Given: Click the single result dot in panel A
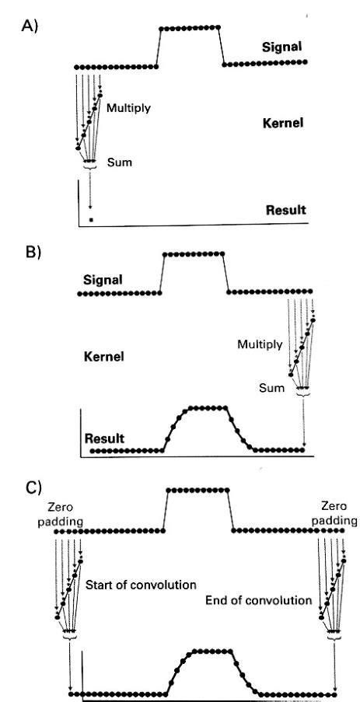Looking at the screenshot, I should tap(91, 221).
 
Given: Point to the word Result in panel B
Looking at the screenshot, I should tap(105, 438).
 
